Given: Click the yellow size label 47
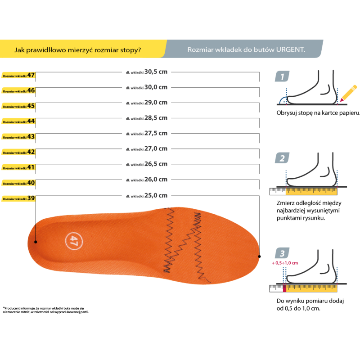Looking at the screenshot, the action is [18, 75].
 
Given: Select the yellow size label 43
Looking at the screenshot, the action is [18, 137].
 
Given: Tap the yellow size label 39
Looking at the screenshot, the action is [18, 198].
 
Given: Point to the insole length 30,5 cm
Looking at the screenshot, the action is [147, 72].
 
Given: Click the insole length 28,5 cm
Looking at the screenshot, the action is [147, 118].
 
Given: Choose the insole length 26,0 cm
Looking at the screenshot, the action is [147, 180].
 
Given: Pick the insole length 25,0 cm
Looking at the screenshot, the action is [147, 196].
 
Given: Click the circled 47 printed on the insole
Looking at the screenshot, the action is [74, 241].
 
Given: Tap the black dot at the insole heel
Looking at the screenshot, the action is [36, 242].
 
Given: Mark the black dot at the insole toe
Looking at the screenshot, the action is [260, 256].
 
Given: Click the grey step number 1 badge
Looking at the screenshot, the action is [282, 76].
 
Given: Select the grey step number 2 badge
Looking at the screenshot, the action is [282, 158].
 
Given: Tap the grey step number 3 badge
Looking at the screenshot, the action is [282, 253].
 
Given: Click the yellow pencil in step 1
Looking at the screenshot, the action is [348, 94].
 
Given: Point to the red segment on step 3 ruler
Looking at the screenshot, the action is [285, 288].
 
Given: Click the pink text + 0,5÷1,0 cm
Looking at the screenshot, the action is [285, 263].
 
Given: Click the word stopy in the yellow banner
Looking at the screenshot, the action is [130, 50].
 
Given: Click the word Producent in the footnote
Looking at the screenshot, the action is [12, 308].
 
